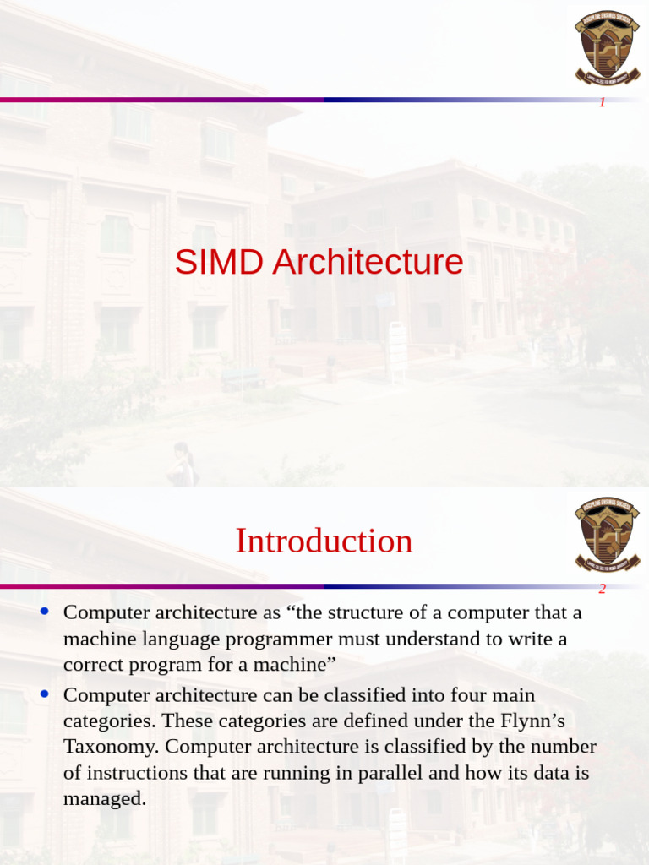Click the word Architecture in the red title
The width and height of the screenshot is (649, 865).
click(368, 263)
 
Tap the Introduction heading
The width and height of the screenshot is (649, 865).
click(324, 541)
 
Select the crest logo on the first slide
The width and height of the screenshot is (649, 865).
click(608, 46)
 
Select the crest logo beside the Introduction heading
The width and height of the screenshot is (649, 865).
click(608, 534)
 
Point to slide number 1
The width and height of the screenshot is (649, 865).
click(603, 103)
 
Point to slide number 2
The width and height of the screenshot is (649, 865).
click(603, 590)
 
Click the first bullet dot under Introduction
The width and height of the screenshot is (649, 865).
click(45, 611)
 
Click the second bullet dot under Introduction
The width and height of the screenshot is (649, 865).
click(45, 694)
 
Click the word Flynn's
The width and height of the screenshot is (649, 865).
click(529, 721)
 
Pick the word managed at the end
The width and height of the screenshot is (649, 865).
click(105, 798)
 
